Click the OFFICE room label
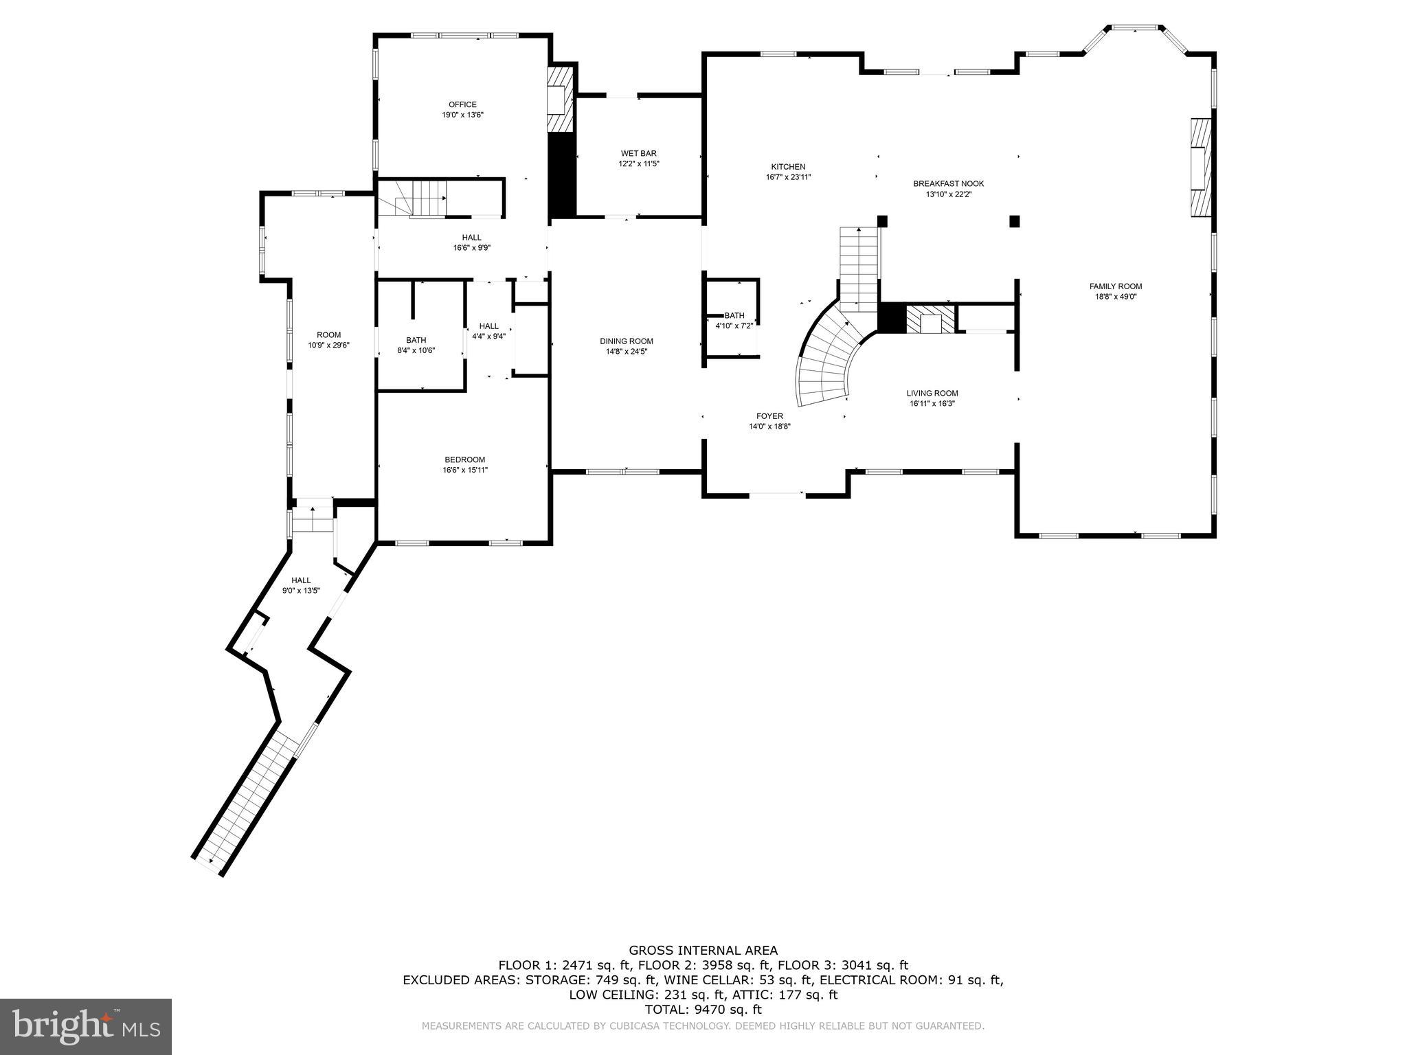(462, 105)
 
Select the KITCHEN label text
(788, 167)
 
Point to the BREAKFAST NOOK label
(948, 183)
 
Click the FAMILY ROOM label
(1115, 286)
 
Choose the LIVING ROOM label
(932, 394)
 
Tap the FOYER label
(769, 416)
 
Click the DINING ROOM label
(626, 341)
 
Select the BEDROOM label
(464, 460)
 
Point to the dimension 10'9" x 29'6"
(328, 345)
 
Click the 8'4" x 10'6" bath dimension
(416, 350)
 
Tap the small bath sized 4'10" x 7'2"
(734, 321)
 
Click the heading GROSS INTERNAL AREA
(703, 951)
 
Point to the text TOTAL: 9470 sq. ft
(703, 1010)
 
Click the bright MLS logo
(86, 1026)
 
